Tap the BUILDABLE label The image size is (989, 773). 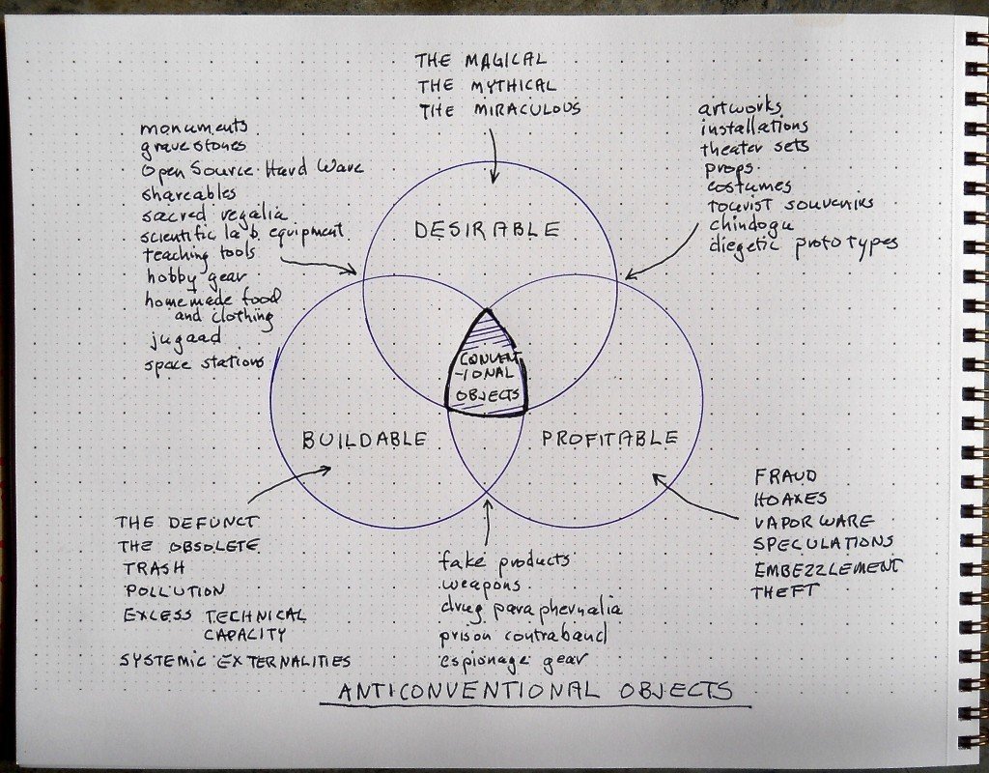tap(364, 440)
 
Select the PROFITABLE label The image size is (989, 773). tap(609, 439)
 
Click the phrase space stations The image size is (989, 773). tap(204, 363)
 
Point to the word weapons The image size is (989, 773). tap(480, 587)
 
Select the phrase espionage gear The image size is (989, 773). tap(513, 659)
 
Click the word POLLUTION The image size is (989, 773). tap(174, 589)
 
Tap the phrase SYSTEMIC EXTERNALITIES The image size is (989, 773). tap(235, 661)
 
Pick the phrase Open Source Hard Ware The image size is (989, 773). tap(252, 170)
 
